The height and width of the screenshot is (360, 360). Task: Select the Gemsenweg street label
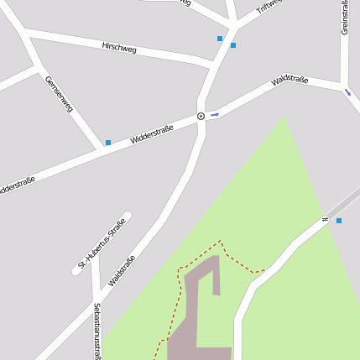60,94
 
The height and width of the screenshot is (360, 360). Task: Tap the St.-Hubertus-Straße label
102,243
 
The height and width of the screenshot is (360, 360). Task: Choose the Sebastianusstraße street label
97,331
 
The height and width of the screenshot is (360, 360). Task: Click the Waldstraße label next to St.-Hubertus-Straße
122,270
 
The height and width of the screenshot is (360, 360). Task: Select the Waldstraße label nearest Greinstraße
290,81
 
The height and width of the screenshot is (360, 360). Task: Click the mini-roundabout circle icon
201,116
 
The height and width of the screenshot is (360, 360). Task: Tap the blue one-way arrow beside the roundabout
215,113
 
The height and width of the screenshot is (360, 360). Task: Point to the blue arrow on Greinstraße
347,91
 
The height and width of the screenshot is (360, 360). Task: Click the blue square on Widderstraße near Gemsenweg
108,143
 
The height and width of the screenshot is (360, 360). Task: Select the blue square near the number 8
339,221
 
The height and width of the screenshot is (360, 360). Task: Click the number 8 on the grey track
325,220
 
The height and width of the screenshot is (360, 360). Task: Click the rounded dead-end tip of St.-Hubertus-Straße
126,216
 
